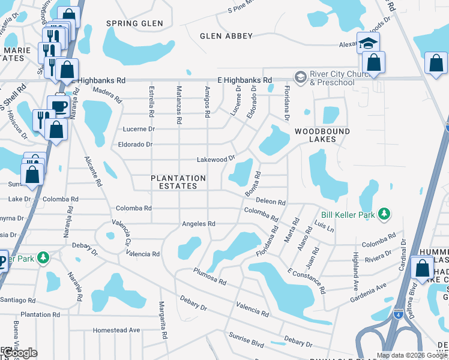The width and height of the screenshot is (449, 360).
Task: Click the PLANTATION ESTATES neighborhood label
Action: click(178, 182)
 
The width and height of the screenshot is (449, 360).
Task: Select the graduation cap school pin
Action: click(368, 43)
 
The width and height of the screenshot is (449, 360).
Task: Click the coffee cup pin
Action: click(59, 106)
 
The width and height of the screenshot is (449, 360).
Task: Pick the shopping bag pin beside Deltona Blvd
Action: click(423, 267)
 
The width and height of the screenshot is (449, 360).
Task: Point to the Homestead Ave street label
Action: click(116, 330)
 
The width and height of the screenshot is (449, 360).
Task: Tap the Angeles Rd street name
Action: click(199, 224)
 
